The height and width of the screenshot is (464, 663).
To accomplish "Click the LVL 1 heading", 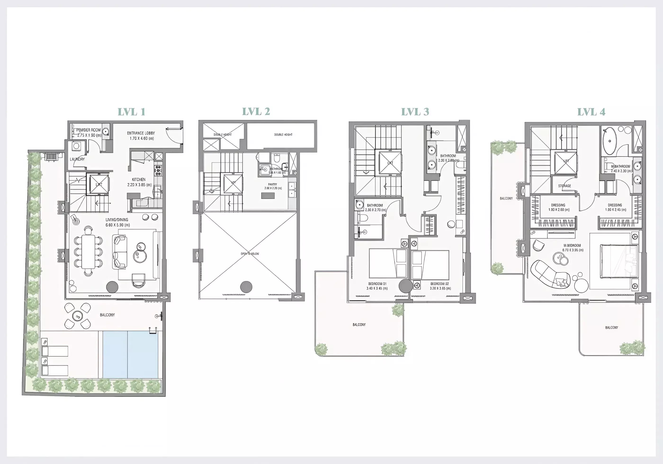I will [x=131, y=112].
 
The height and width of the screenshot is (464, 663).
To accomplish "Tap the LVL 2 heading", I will [x=256, y=112].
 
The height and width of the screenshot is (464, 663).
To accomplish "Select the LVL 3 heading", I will [x=415, y=112].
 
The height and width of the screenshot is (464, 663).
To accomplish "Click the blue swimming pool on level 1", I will [x=130, y=354].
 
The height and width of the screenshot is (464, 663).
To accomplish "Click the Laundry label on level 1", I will [x=77, y=159].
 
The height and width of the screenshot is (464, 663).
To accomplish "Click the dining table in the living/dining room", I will [x=88, y=251].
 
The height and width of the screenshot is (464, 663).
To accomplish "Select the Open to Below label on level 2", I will [x=250, y=254].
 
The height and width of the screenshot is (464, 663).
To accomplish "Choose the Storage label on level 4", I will [x=564, y=186].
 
